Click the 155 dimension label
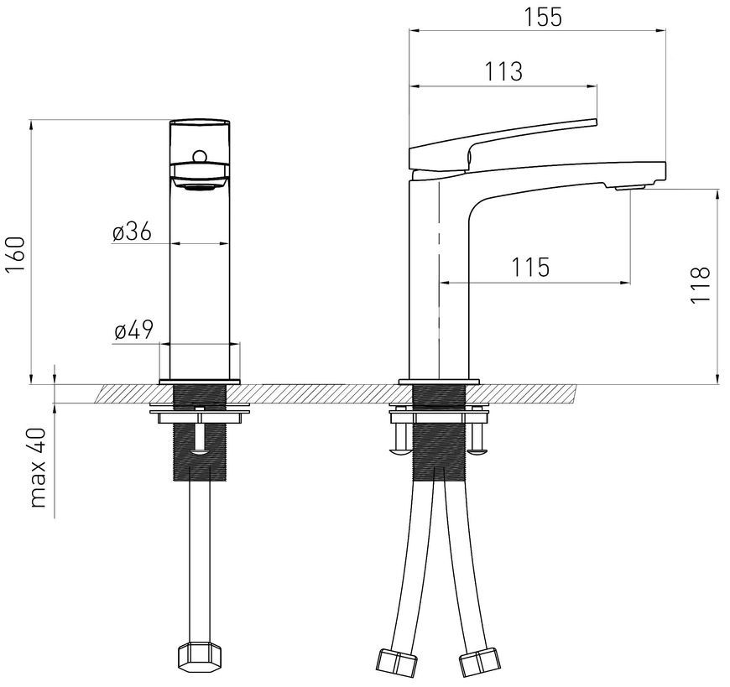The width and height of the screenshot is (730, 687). [x=544, y=18]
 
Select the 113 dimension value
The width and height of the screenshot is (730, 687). [x=503, y=71]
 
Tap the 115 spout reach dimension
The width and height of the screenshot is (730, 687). [x=531, y=267]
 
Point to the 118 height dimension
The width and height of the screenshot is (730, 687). [x=700, y=285]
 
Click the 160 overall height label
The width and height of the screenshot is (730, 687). [x=15, y=255]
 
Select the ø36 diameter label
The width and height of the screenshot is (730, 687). [x=133, y=232]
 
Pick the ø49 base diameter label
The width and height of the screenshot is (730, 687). [x=133, y=330]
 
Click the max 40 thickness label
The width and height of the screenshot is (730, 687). [x=38, y=468]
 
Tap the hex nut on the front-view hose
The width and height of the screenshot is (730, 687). [x=199, y=656]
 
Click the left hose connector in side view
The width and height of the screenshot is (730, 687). [x=396, y=660]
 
